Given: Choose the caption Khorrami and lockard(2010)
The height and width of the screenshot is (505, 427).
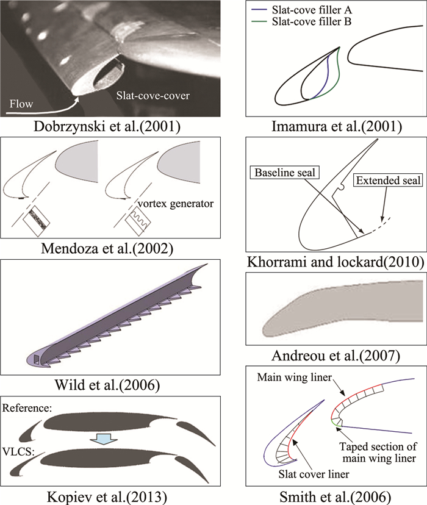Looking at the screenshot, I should click(335, 263).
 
